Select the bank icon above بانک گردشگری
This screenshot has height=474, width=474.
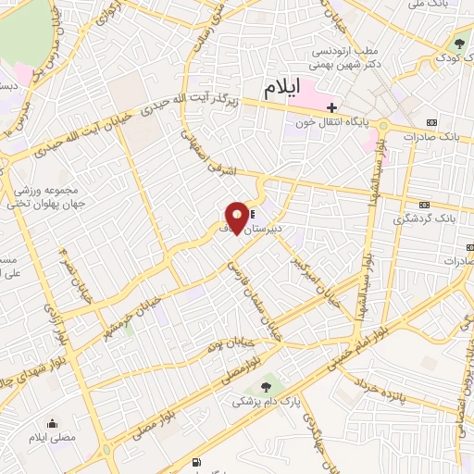425,203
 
